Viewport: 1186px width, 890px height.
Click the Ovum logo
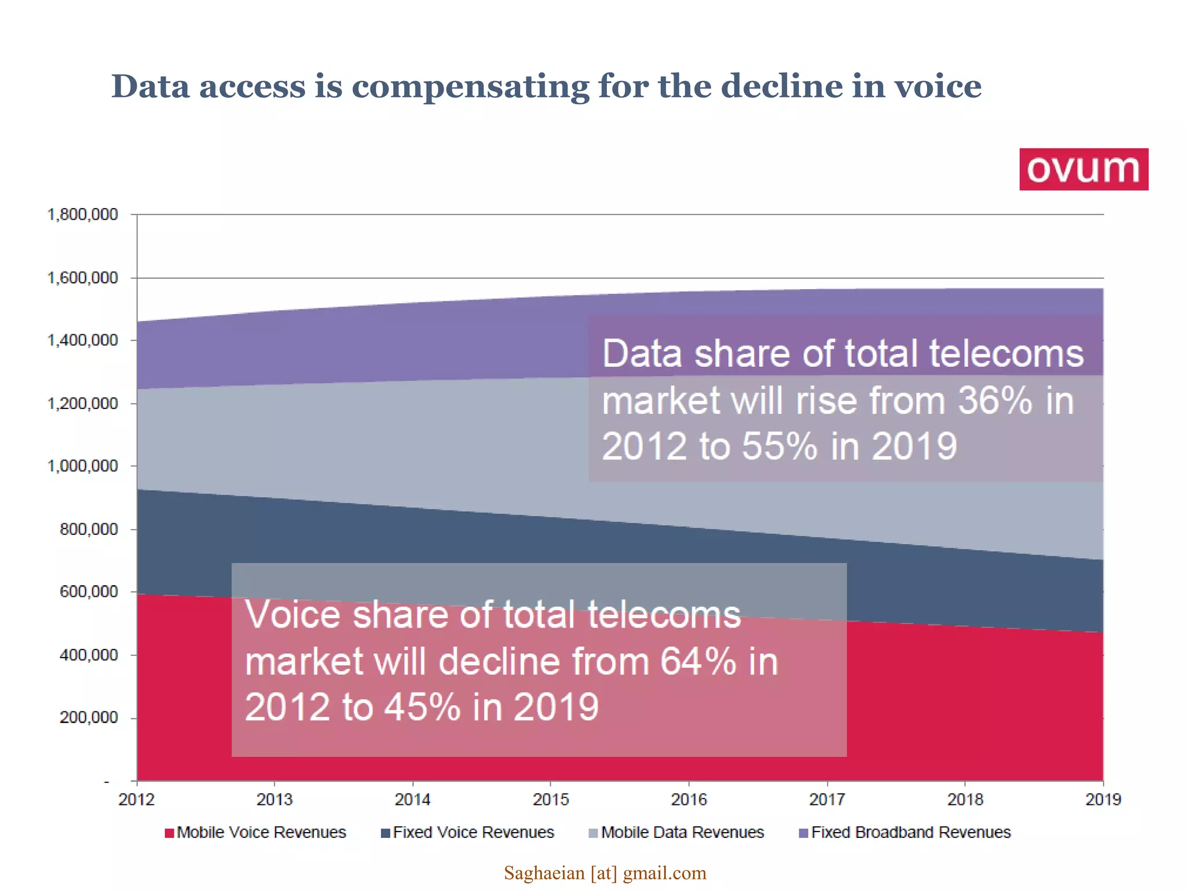point(1083,169)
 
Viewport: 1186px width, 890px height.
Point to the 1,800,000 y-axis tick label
point(82,215)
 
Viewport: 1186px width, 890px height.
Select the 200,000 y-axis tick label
point(88,717)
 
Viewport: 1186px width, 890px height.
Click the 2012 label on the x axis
point(136,800)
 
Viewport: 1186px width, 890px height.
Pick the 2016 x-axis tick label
point(689,800)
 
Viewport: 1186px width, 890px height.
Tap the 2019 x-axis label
point(1103,800)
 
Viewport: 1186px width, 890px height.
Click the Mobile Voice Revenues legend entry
point(255,833)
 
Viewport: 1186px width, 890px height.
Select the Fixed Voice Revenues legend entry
point(467,833)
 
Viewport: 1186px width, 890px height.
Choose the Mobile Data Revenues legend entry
point(676,833)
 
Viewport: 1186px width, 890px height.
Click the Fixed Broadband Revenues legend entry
point(905,833)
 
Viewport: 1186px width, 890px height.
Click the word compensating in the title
point(470,87)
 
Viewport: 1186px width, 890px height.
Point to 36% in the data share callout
point(994,400)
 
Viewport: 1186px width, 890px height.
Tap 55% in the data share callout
point(779,446)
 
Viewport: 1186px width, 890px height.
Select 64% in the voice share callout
point(698,661)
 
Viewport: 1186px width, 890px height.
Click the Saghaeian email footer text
point(605,873)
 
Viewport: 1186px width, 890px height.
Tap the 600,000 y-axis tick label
point(88,592)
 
